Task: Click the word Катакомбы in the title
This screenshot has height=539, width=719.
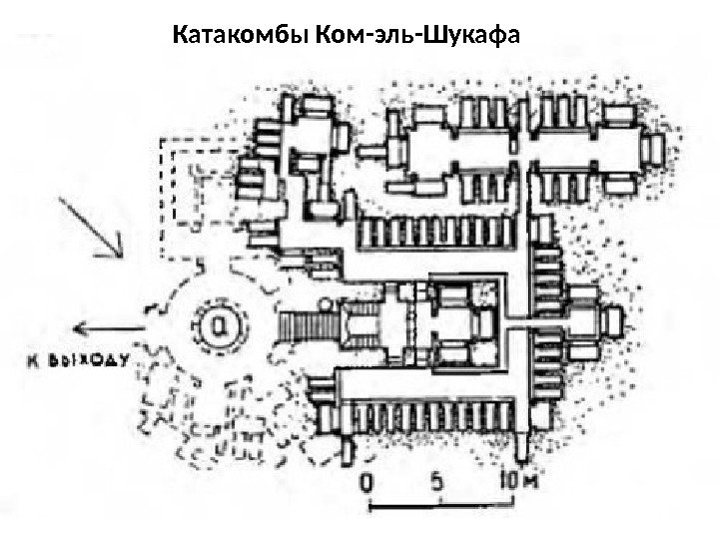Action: tap(240, 38)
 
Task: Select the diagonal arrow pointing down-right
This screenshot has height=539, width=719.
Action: tap(92, 228)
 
